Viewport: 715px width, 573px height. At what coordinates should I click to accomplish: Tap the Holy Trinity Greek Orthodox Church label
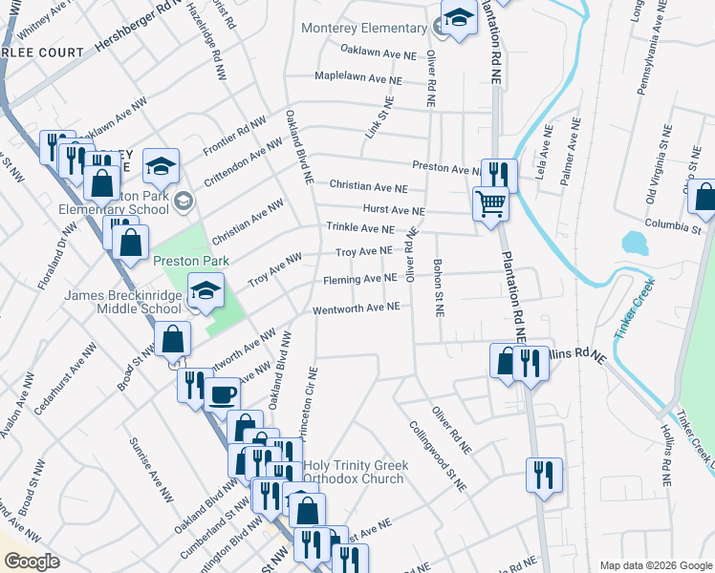coord(356,472)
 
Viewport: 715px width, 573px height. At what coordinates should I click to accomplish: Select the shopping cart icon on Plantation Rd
coord(490,202)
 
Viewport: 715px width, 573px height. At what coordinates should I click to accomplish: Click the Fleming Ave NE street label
coord(359,279)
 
